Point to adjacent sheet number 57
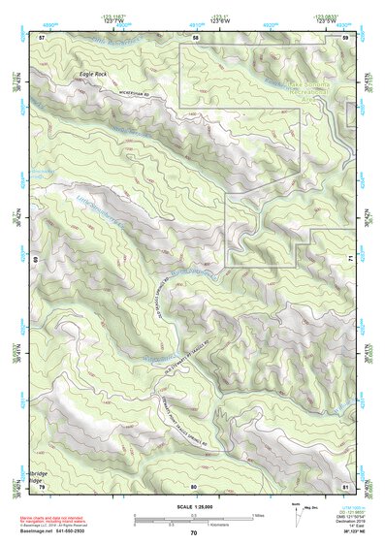click(42, 37)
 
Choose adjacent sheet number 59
click(346, 37)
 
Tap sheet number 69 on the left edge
click(40, 260)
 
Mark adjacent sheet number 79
click(42, 485)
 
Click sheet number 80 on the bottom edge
click(194, 486)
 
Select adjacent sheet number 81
click(346, 485)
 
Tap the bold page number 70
click(194, 532)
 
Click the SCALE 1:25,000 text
click(194, 506)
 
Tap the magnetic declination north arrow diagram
click(296, 517)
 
